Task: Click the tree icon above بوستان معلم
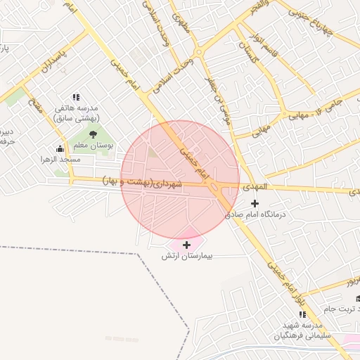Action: [x=93, y=134]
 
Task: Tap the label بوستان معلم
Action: [x=97, y=145]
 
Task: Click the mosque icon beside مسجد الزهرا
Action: [x=60, y=148]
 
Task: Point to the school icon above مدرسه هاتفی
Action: [x=77, y=98]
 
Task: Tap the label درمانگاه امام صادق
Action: [x=257, y=214]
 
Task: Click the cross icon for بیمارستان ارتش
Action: [x=186, y=245]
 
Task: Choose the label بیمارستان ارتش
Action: [x=187, y=255]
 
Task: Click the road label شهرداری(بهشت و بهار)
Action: [x=143, y=181]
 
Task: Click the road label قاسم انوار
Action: [x=271, y=46]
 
